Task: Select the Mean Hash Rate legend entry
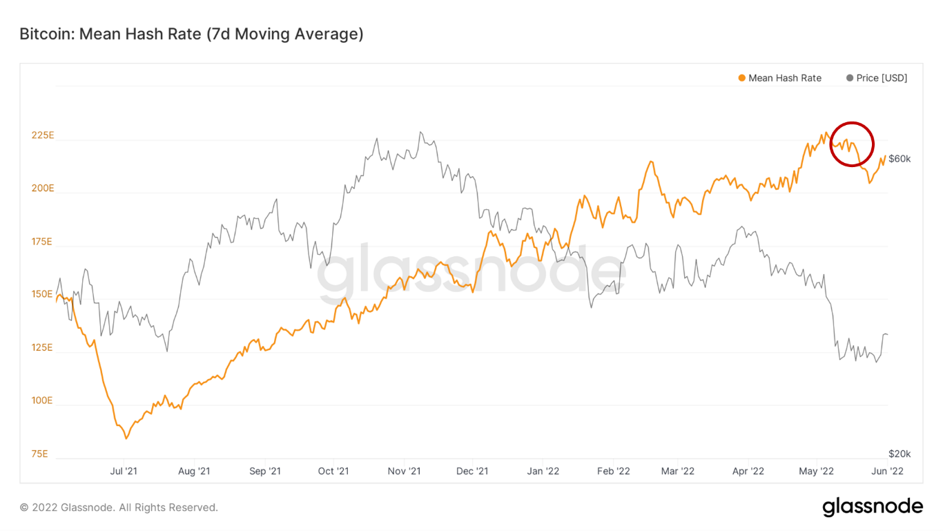click(x=779, y=78)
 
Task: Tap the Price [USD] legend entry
click(x=877, y=78)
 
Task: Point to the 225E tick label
click(x=42, y=135)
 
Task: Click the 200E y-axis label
click(x=42, y=189)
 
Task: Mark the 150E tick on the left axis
click(x=42, y=295)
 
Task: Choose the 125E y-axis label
click(x=42, y=348)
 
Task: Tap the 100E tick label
click(x=42, y=401)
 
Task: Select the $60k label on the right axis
click(x=900, y=159)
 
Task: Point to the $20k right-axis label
click(x=900, y=454)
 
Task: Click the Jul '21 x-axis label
click(x=124, y=472)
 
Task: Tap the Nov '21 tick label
click(x=404, y=472)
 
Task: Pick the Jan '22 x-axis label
click(x=543, y=472)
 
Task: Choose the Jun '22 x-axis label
click(x=887, y=472)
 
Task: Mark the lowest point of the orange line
click(x=126, y=438)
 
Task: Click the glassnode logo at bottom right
click(x=873, y=507)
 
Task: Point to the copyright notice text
click(x=119, y=508)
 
